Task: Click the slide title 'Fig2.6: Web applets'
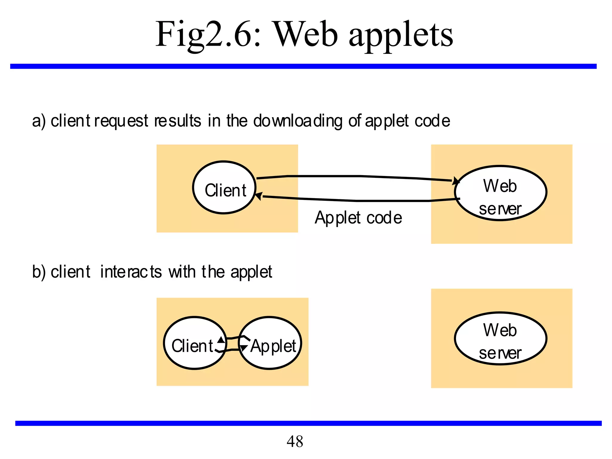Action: [304, 34]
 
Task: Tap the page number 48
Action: [295, 441]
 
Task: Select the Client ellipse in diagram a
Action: [224, 188]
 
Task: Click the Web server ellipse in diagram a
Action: [501, 193]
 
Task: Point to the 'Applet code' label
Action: [358, 218]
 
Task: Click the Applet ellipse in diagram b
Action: [270, 343]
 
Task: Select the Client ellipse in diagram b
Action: [194, 343]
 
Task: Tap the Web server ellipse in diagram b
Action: [501, 338]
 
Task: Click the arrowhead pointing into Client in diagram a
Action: [259, 196]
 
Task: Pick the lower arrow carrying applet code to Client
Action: [359, 200]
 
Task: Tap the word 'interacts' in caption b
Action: [131, 272]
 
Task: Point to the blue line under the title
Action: [303, 66]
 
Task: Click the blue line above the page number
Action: [308, 423]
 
